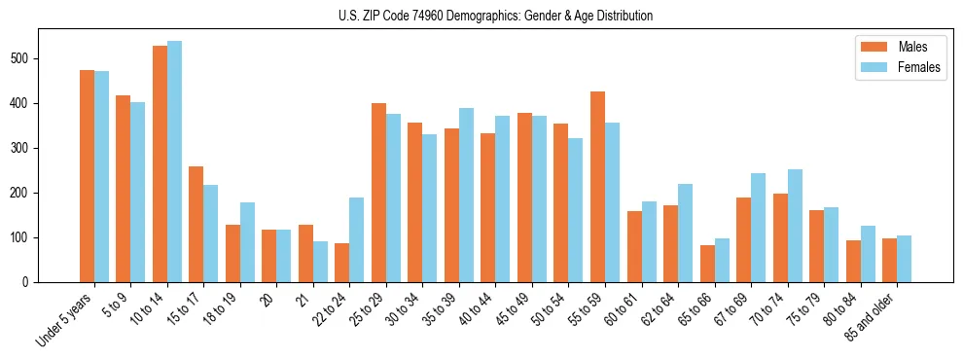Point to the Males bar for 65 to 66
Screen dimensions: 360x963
point(707,264)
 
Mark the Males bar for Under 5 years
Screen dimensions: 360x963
point(87,176)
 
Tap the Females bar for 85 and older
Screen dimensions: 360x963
point(904,259)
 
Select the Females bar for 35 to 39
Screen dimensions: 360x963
point(466,195)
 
